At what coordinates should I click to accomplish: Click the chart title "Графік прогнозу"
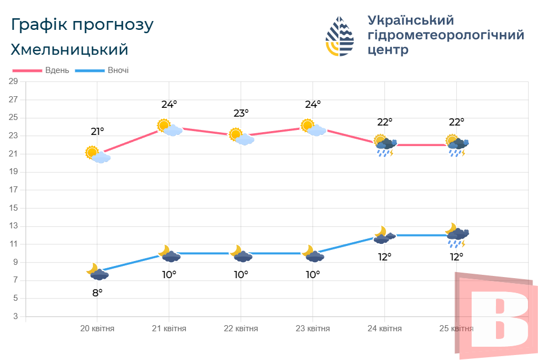coord(82,25)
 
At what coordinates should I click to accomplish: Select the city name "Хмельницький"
coord(69,50)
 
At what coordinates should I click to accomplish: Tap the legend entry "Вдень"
coord(57,71)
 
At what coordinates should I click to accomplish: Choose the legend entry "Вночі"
coord(118,71)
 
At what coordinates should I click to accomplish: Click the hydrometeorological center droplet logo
coord(339,36)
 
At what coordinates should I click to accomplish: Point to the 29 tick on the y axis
coord(14,82)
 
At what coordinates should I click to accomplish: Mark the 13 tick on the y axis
coord(14,226)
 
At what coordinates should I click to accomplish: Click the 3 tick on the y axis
coord(15,316)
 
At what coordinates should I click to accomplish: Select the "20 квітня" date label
coord(97,328)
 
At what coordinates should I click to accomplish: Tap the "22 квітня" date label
coord(241,328)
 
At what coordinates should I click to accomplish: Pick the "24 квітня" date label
coord(385,328)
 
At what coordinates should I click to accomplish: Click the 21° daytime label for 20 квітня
coord(97,132)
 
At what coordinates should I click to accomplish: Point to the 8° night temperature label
coord(97,293)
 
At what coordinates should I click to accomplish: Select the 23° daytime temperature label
coord(241,113)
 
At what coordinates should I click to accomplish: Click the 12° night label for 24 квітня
coord(385,257)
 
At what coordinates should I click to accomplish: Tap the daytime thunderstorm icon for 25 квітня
coord(457,146)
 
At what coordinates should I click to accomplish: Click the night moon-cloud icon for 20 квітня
coord(97,272)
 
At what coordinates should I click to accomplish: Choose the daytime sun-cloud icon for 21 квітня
coord(170,128)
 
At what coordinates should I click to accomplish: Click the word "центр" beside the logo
coord(388,50)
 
